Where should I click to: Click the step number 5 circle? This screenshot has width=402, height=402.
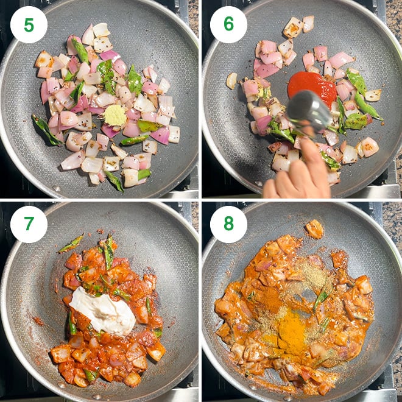pos(29,24)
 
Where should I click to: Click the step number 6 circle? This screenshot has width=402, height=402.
pos(228,24)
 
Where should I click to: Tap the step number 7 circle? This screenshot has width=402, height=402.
pos(29,224)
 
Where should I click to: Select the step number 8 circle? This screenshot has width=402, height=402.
pos(228,224)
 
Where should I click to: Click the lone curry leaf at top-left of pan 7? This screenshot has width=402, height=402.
pos(71,244)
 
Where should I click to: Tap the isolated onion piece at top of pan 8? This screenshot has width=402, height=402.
pos(315,229)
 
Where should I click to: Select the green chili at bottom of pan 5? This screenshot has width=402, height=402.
pos(113,180)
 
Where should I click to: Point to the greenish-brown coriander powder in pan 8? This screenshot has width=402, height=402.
pos(314,277)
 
